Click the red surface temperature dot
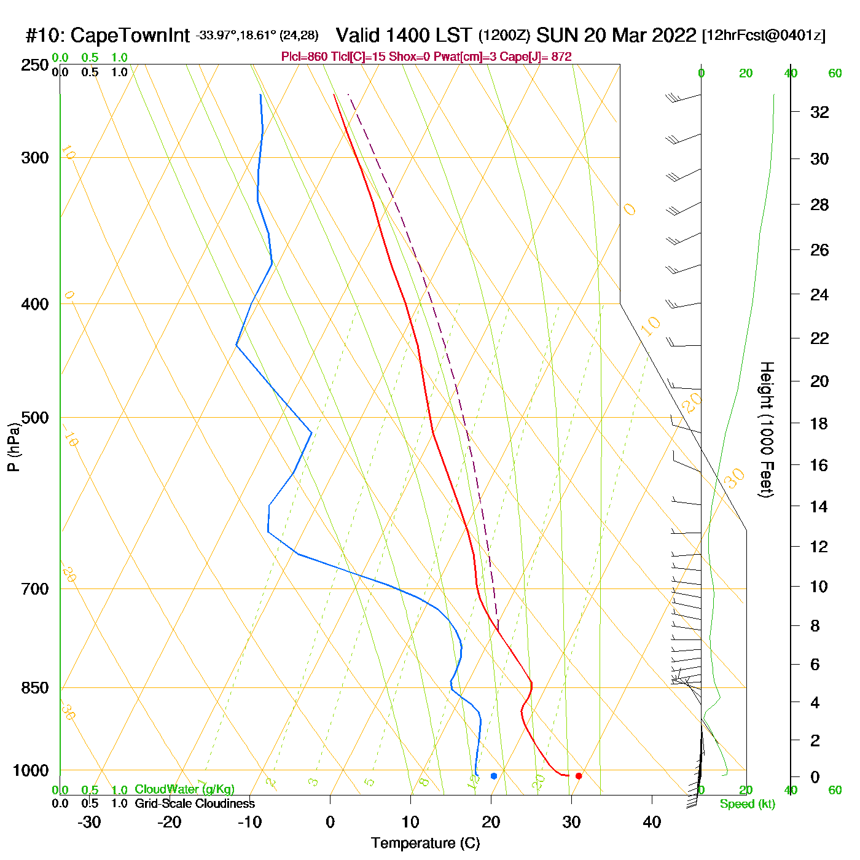click(x=579, y=776)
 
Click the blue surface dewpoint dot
click(x=494, y=776)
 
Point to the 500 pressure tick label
click(x=35, y=418)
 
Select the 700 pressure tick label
click(x=35, y=589)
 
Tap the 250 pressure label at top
click(x=35, y=65)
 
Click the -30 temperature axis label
click(x=89, y=822)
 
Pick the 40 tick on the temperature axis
click(x=652, y=822)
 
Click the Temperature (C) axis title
click(x=425, y=843)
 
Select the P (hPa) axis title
click(x=14, y=447)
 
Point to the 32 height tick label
click(x=819, y=112)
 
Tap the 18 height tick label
click(x=819, y=423)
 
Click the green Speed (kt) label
click(x=747, y=804)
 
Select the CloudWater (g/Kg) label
click(x=184, y=789)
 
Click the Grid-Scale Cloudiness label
click(x=195, y=803)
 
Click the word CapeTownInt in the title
click(x=130, y=36)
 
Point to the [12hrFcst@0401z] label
click(x=764, y=36)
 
